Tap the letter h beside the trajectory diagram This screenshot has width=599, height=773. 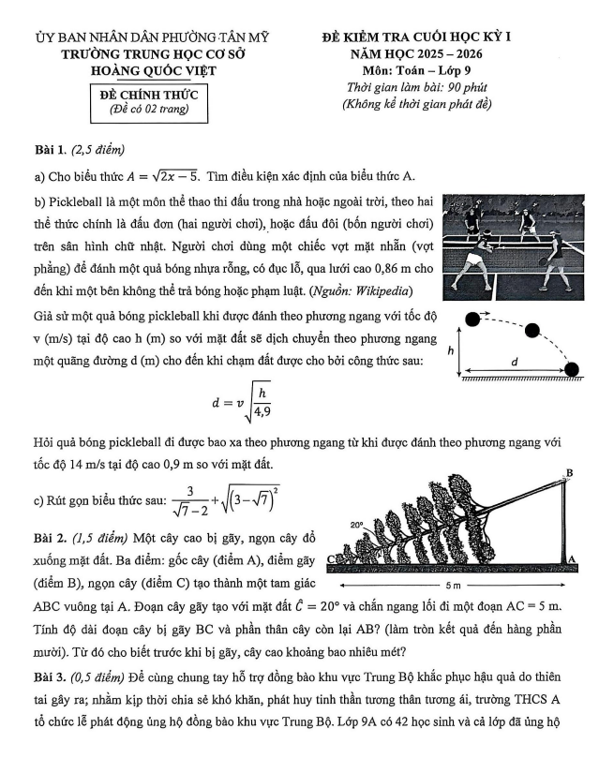(x=451, y=349)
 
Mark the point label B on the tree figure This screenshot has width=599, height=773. (x=570, y=472)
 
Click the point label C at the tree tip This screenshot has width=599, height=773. (x=333, y=560)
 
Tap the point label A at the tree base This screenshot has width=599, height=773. (x=573, y=558)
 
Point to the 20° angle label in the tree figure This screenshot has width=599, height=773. (x=356, y=527)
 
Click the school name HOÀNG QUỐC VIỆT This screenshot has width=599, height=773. (x=151, y=70)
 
